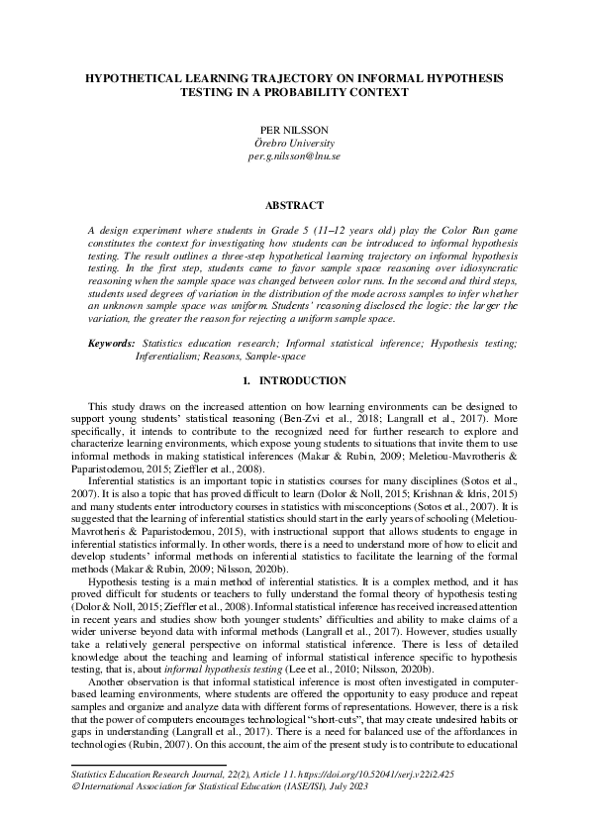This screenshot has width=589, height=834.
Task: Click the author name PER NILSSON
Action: coord(294,130)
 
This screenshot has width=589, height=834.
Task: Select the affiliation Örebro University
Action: coord(294,144)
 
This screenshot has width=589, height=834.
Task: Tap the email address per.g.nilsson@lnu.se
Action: coord(294,156)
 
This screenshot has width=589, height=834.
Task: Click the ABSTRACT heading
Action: coord(294,205)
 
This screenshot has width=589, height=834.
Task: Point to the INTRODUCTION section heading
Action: coord(302,381)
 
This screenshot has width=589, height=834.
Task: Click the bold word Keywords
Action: coord(111,343)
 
